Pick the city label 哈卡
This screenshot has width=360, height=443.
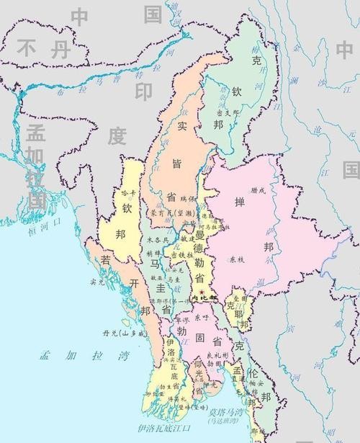pyautogui.click(x=128, y=194)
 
